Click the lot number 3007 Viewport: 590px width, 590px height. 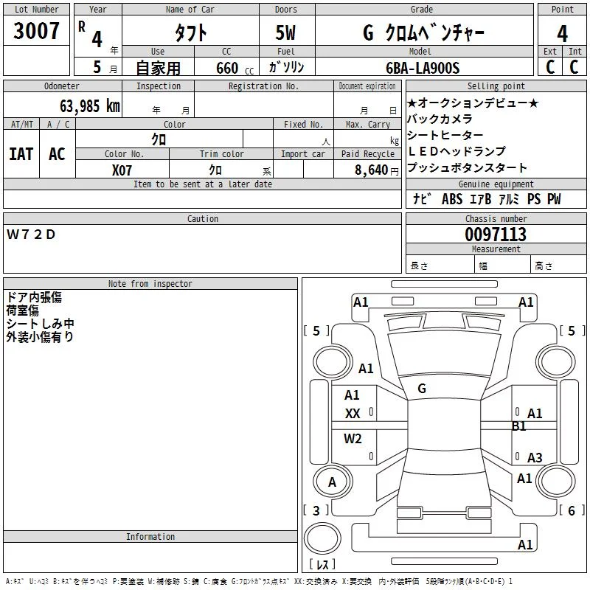coord(36,31)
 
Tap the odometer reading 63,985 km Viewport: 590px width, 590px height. coord(90,106)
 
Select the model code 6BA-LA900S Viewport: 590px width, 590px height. coord(423,68)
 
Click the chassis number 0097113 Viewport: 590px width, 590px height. coord(496,235)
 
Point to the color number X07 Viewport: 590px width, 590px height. coord(122,170)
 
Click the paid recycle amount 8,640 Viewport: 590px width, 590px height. coord(372,170)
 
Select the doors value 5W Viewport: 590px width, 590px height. coord(285,32)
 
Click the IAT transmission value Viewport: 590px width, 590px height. coord(21,154)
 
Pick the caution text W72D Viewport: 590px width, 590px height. coord(31,235)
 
